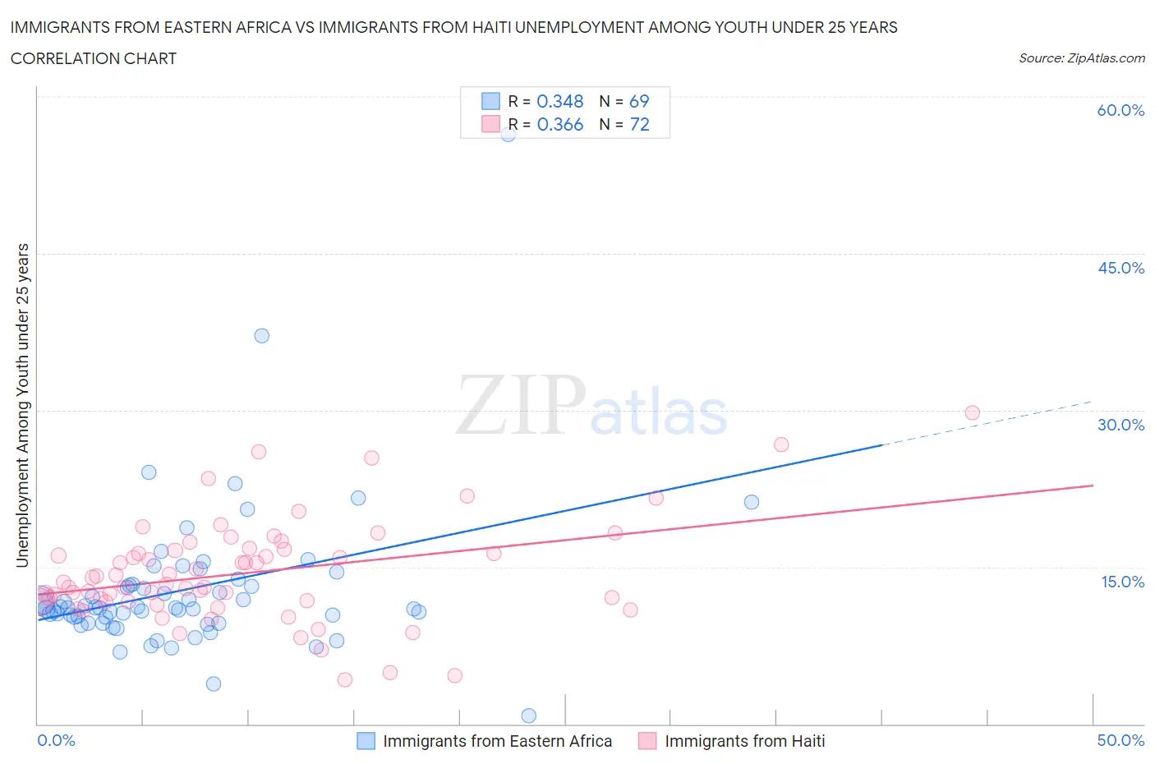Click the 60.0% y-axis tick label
click(1120, 110)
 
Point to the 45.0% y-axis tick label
click(1120, 268)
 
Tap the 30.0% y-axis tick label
click(1120, 425)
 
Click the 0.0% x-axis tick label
click(56, 740)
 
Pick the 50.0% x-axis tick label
click(1120, 740)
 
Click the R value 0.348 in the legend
click(559, 101)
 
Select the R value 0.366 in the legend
click(559, 124)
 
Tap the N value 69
click(638, 101)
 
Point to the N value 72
click(639, 124)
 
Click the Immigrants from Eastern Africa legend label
click(497, 741)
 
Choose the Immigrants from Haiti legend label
click(744, 741)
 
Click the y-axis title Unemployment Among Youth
click(22, 405)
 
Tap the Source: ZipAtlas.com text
click(1081, 58)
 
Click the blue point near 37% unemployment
click(261, 335)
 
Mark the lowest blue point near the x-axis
click(528, 716)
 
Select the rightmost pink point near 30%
click(972, 412)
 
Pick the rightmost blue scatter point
click(751, 502)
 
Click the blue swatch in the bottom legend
click(366, 741)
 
